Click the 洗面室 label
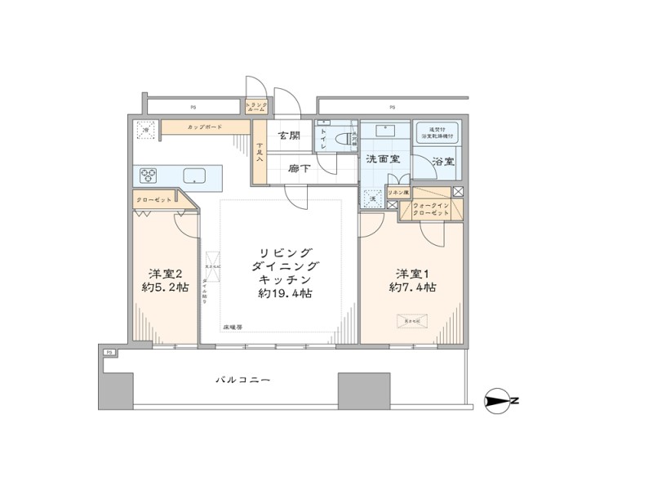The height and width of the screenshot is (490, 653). (x=381, y=159)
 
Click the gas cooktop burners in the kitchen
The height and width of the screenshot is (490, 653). (x=149, y=176)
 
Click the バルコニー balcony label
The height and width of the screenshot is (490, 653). (x=242, y=380)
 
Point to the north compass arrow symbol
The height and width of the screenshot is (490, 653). (x=499, y=400)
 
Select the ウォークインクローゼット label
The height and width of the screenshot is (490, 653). (x=431, y=209)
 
